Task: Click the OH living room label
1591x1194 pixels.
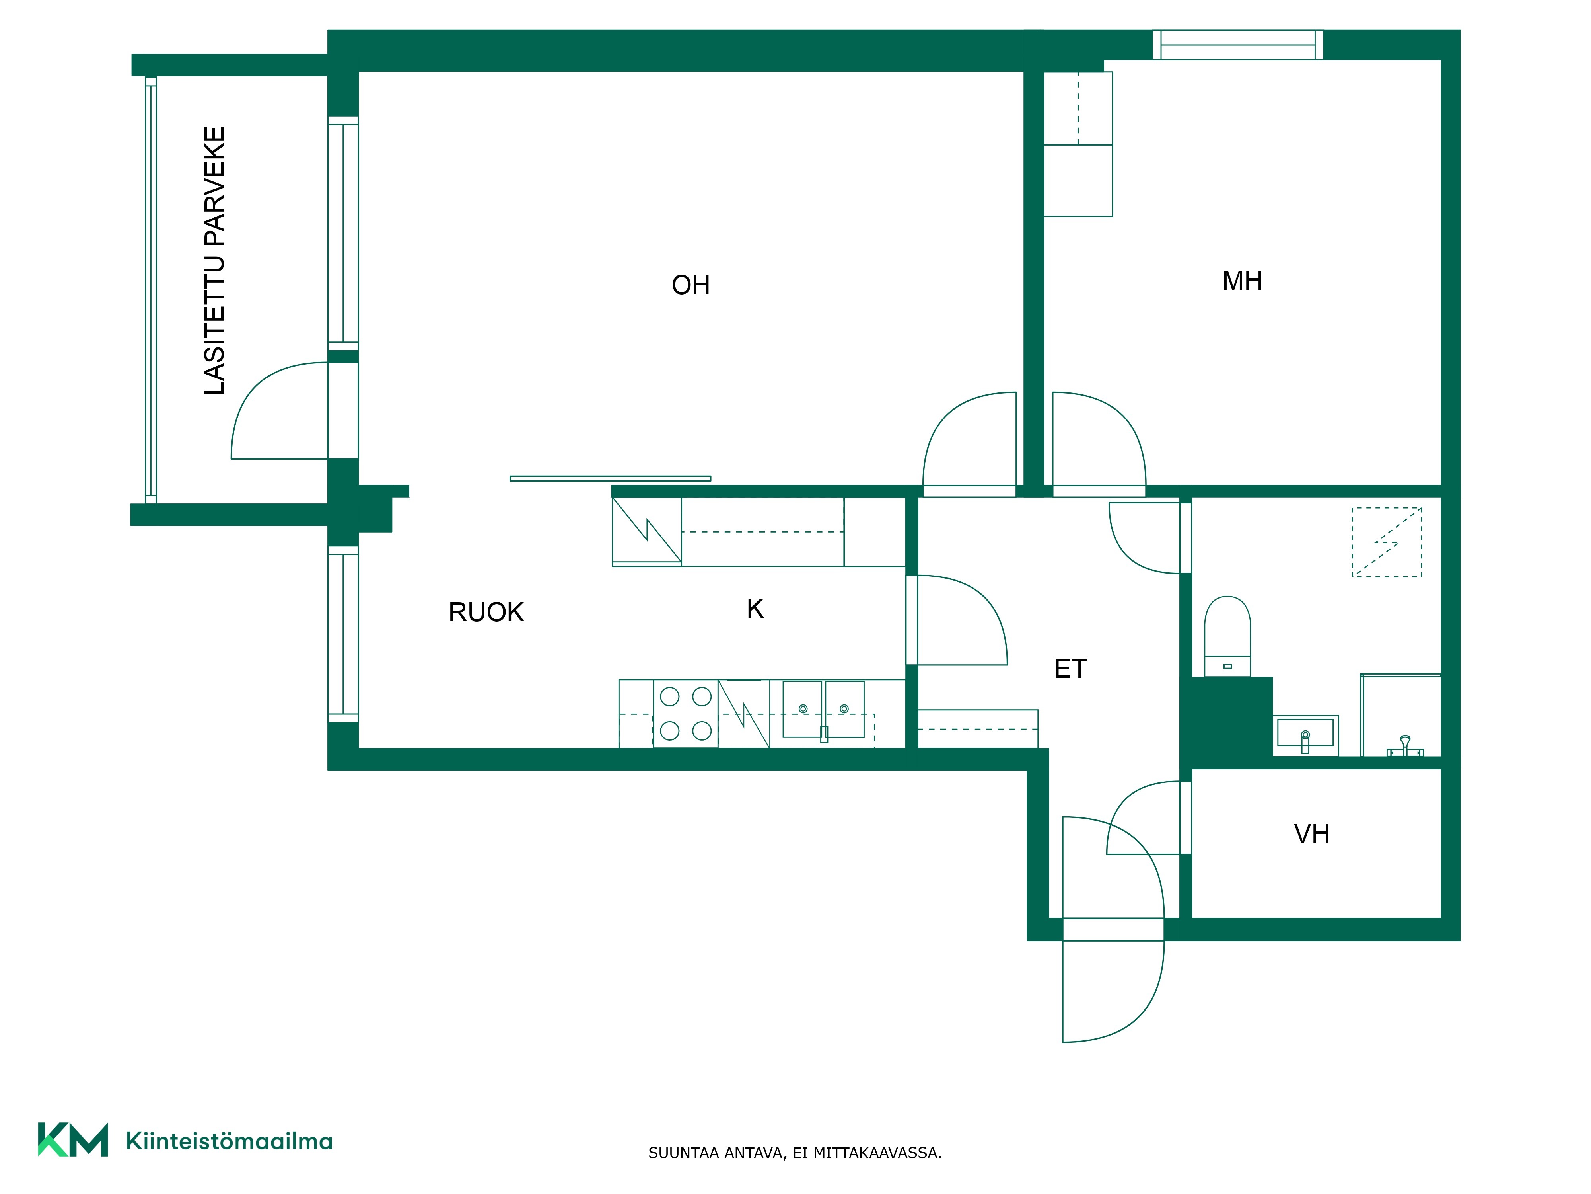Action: tap(690, 285)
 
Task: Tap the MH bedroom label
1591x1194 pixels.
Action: tap(1242, 281)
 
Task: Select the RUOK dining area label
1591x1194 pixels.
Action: tap(486, 612)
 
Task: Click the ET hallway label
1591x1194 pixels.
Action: tap(1070, 669)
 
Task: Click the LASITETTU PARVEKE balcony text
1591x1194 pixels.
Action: tap(214, 261)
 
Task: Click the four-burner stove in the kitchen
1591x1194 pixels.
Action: tap(685, 713)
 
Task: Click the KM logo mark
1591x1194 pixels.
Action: tap(73, 1139)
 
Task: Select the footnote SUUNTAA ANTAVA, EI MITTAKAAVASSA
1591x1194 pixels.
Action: tap(795, 1153)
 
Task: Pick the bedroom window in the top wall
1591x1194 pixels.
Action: tap(1238, 45)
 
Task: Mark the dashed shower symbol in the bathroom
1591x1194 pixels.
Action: tap(1387, 542)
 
